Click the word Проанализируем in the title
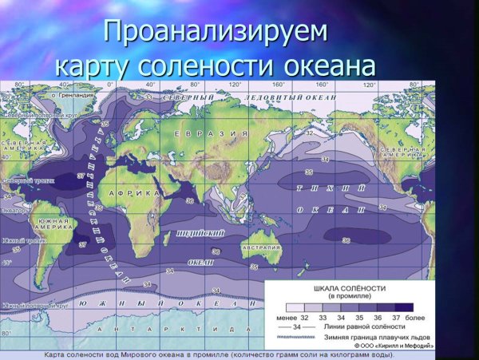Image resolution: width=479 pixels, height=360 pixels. [216, 32]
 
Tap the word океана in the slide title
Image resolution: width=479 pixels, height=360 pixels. [319, 65]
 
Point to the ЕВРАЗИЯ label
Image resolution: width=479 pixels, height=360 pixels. [211, 133]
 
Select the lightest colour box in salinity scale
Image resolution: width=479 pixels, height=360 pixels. [295, 307]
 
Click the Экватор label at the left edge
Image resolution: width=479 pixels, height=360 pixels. [13, 211]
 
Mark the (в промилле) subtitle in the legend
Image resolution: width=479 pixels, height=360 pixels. [350, 296]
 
